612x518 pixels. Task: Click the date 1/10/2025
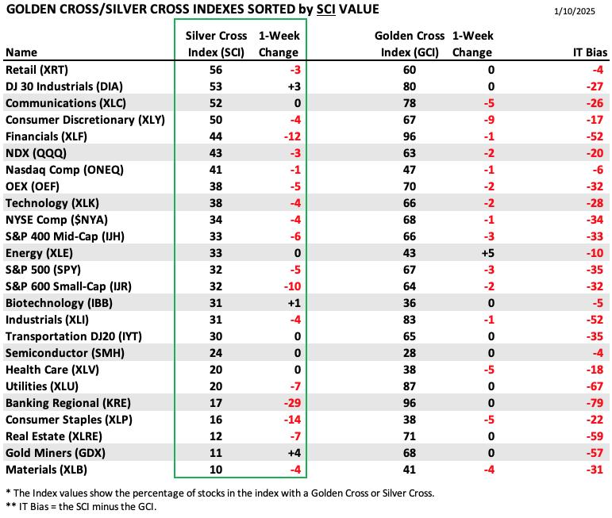click(x=574, y=11)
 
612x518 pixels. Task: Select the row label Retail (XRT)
click(x=37, y=70)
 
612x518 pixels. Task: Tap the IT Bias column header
click(x=590, y=52)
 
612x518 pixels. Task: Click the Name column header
click(x=21, y=52)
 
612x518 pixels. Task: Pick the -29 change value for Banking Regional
click(x=292, y=402)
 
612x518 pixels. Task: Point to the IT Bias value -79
click(x=595, y=402)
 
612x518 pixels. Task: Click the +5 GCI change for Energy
click(x=487, y=253)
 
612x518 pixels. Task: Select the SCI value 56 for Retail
click(x=215, y=70)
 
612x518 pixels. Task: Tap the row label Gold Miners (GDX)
click(x=56, y=453)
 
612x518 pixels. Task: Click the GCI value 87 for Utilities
click(x=409, y=386)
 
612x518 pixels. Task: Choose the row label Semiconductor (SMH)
click(x=65, y=353)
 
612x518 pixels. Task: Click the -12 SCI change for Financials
click(x=292, y=136)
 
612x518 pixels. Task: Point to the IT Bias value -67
click(x=595, y=386)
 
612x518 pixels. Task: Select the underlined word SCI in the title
click(x=326, y=9)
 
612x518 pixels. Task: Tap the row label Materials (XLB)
click(x=46, y=470)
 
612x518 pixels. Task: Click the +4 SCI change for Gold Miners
click(x=294, y=453)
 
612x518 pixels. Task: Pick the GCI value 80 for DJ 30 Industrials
click(x=409, y=86)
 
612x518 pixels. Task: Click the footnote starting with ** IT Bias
click(x=81, y=507)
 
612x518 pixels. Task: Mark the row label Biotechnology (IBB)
click(x=59, y=303)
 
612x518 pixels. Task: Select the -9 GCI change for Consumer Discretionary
click(x=489, y=120)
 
